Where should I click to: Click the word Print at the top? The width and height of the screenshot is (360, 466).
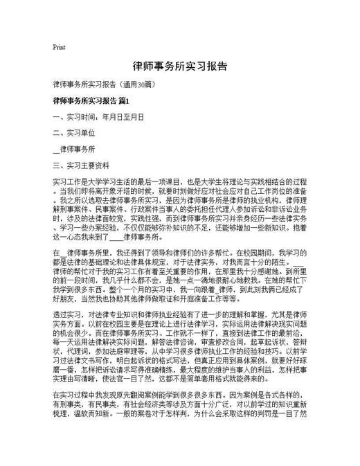coord(59,48)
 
